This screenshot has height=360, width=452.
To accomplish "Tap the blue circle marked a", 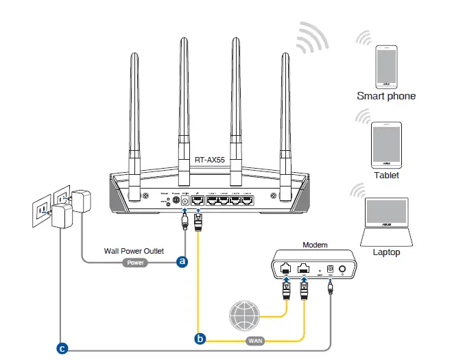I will pyautogui.click(x=182, y=261).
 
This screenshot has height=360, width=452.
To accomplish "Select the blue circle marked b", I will pyautogui.click(x=200, y=338).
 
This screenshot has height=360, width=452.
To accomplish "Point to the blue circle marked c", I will pyautogui.click(x=62, y=349).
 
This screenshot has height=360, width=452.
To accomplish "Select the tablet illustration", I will pyautogui.click(x=386, y=145).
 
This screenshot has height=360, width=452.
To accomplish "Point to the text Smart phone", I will pyautogui.click(x=385, y=96).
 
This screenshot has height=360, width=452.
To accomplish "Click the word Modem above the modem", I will pyautogui.click(x=315, y=244).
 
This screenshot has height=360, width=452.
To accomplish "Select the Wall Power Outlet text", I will pyautogui.click(x=134, y=251).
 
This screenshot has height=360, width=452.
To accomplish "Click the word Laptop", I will pyautogui.click(x=386, y=252).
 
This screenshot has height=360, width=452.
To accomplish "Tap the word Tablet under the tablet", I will pyautogui.click(x=386, y=175).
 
